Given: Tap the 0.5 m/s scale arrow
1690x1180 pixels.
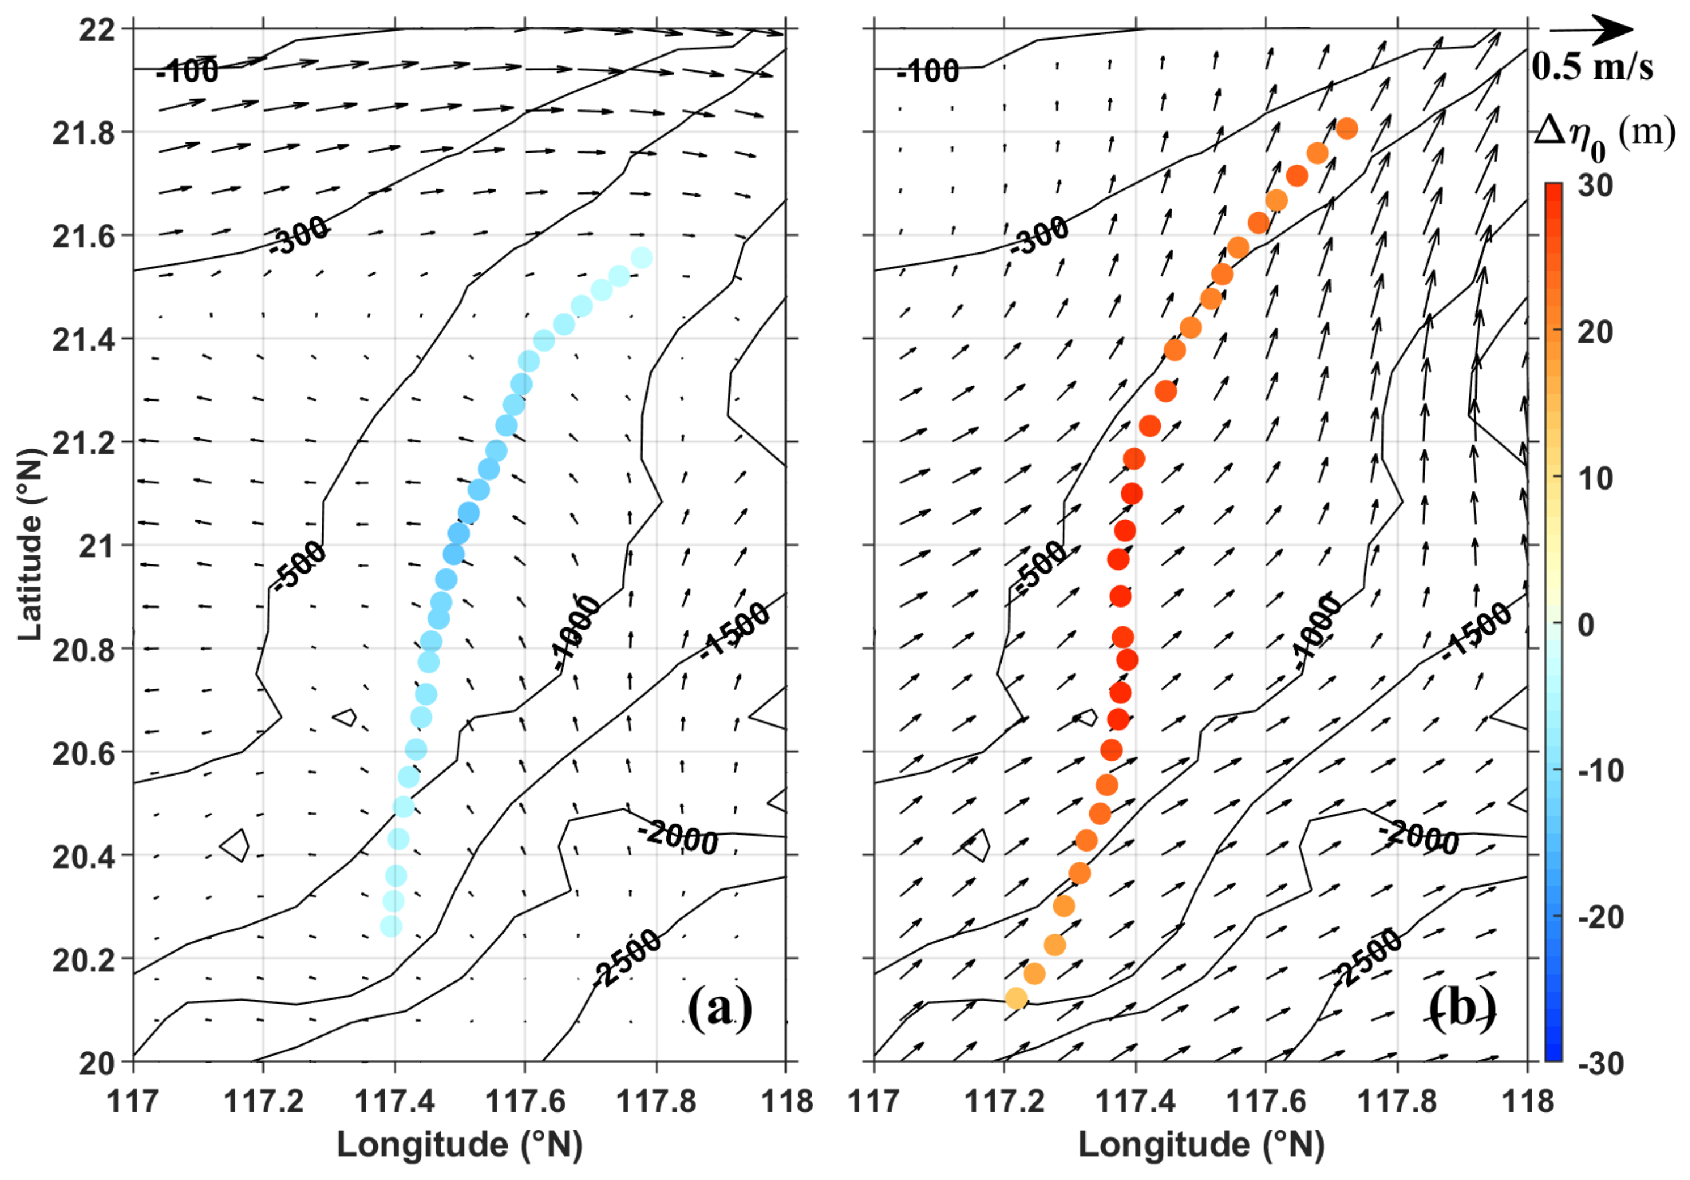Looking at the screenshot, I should pos(1590,29).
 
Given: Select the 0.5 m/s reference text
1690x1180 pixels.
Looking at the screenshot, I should pos(1592,67).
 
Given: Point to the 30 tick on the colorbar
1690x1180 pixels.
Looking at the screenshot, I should pos(1595,186).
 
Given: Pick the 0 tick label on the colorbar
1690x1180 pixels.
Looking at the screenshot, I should pos(1595,624).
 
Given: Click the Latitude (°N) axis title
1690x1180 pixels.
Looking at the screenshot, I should pos(30,545).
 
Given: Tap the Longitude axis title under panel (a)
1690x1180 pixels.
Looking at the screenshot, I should pos(459,1145).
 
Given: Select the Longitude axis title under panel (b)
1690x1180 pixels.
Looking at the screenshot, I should pos(1201,1145).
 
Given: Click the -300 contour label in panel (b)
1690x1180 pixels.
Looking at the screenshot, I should pos(1040,235).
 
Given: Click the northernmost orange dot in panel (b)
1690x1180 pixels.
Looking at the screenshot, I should pos(1346,129).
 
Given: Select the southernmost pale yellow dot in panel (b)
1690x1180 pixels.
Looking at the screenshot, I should pos(1016,998).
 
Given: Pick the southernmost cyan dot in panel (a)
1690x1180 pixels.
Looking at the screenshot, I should pos(391,926).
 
